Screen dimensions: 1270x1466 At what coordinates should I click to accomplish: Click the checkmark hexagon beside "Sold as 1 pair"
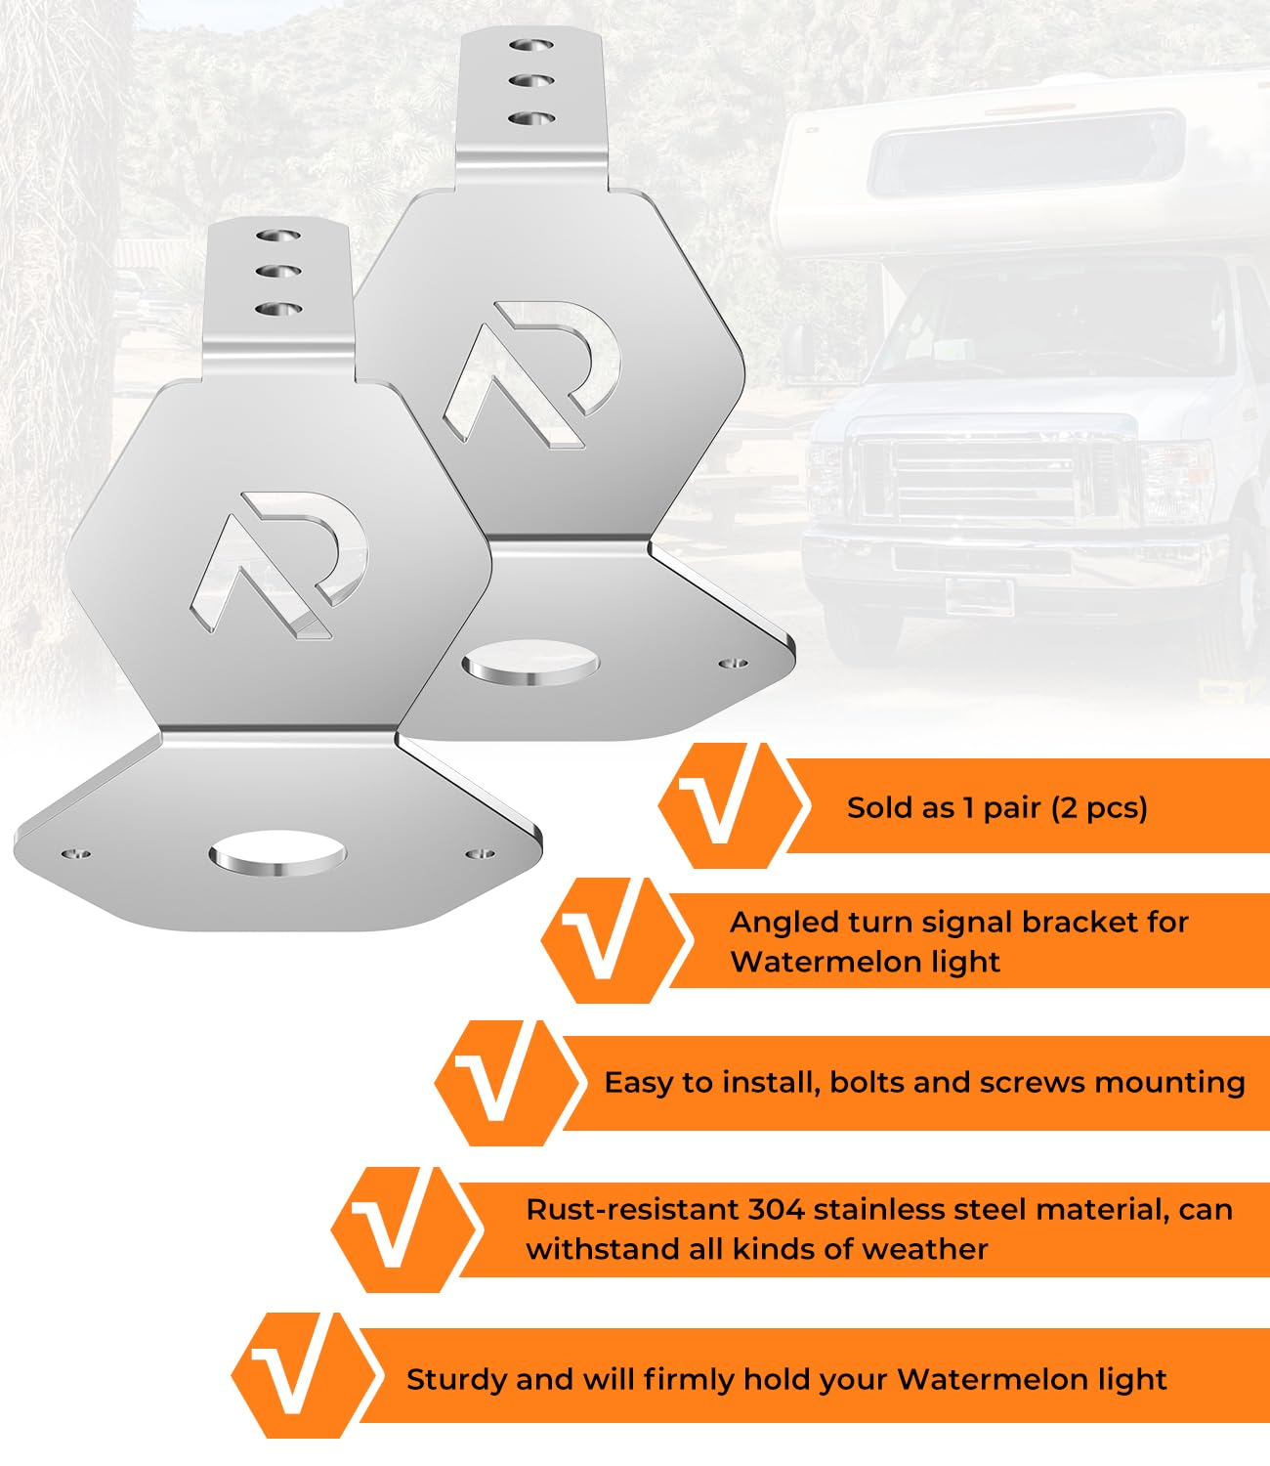tap(734, 805)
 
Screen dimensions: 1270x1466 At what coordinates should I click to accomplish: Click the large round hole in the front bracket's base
tap(278, 853)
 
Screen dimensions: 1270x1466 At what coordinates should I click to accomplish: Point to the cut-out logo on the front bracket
tap(280, 565)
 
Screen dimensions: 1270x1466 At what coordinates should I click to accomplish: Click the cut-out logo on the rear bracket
tap(531, 374)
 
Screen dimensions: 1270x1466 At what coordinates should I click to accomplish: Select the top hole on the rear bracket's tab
tap(531, 45)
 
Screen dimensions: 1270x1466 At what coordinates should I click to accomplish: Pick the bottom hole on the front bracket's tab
tap(278, 309)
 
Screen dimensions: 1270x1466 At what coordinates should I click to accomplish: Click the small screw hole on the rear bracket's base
tap(734, 664)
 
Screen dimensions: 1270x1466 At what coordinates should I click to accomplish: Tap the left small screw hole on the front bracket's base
tap(76, 853)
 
